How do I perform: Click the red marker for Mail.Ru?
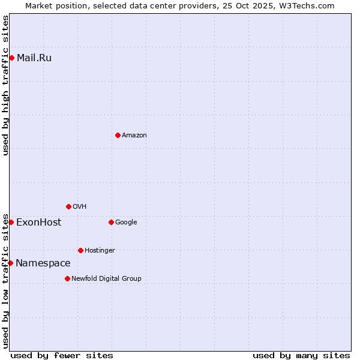[11, 58]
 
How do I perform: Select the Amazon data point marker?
[118, 135]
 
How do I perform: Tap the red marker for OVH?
[68, 206]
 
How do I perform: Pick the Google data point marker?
[111, 222]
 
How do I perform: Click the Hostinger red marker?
[80, 250]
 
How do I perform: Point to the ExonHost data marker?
[11, 222]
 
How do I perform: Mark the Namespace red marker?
[10, 263]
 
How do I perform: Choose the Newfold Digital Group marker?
[67, 278]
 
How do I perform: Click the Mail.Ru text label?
[34, 58]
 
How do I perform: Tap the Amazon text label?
[134, 135]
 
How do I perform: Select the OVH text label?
[80, 206]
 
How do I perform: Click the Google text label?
[126, 222]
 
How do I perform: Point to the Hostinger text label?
[100, 250]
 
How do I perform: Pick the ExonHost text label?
[38, 222]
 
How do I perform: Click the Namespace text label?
[43, 263]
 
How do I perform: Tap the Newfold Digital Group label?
[106, 278]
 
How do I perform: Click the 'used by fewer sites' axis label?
[62, 355]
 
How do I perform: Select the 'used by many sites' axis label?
[301, 355]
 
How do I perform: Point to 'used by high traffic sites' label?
[5, 85]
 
